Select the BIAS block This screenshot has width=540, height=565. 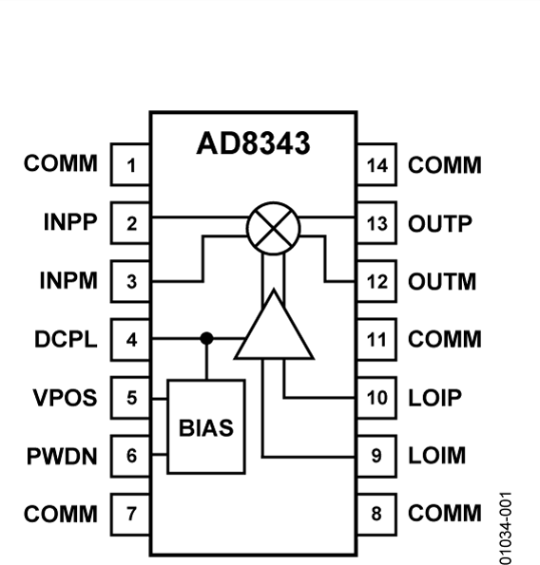point(205,426)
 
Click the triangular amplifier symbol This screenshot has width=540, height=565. point(274,328)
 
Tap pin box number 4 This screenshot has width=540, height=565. point(131,339)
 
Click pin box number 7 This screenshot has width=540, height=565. point(131,514)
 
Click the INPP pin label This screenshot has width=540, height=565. point(68,223)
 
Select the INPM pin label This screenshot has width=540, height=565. point(68,281)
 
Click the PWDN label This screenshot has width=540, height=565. point(63,456)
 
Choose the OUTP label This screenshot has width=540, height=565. point(440,224)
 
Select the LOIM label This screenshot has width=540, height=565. point(437,456)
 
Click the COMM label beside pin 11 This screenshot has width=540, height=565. point(444,339)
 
